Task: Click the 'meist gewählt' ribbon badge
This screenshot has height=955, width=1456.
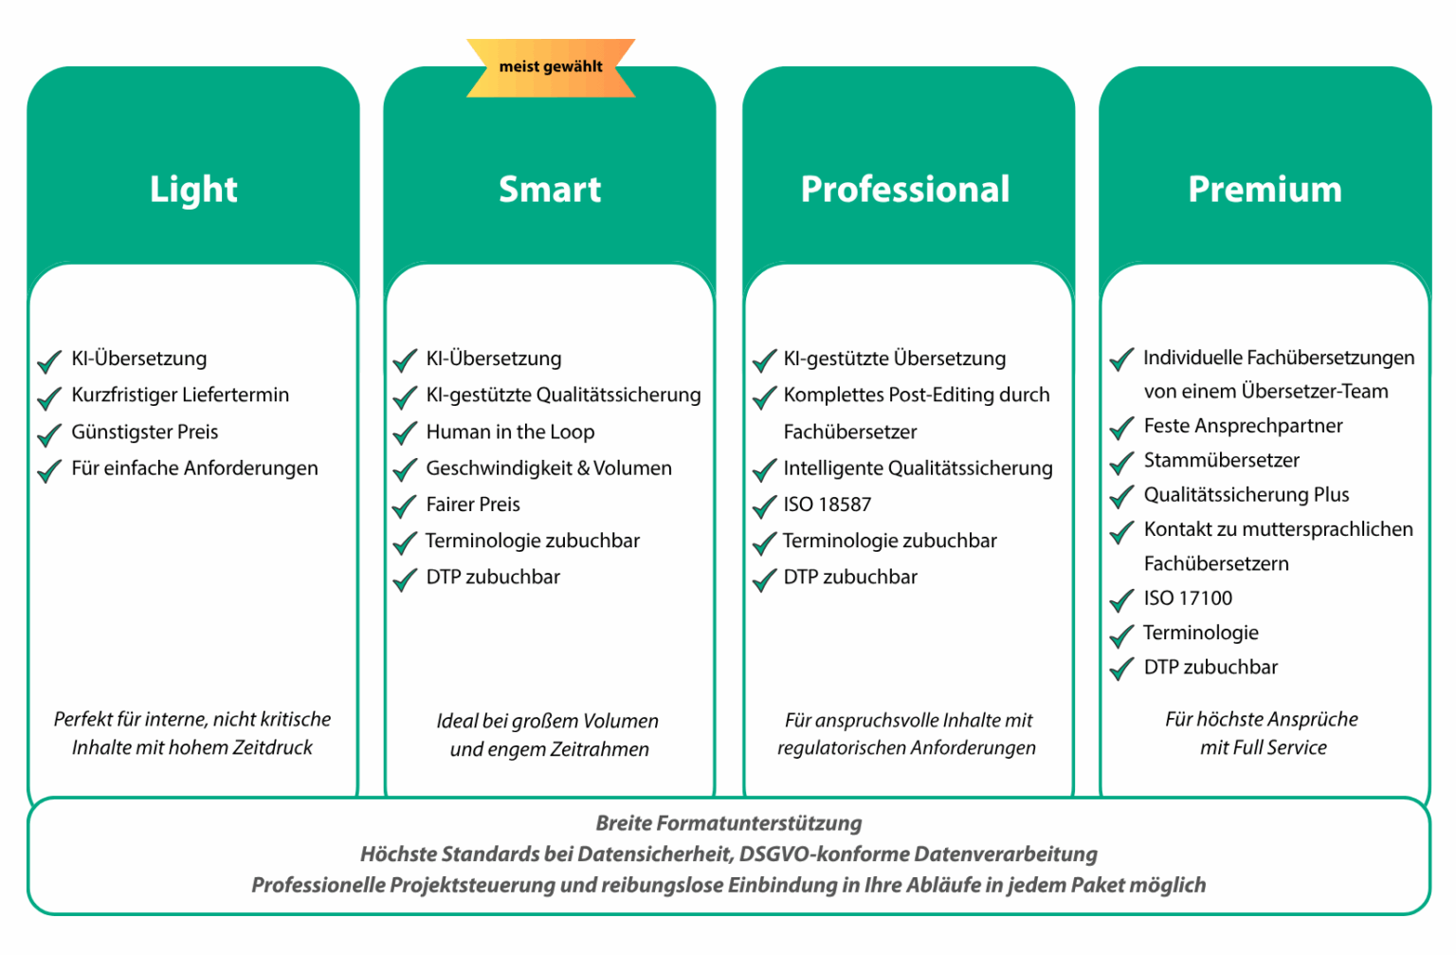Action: click(x=551, y=67)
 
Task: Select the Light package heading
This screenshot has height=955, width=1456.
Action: click(x=193, y=189)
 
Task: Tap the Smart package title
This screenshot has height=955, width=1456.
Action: click(x=550, y=189)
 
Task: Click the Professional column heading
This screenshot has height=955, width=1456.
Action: click(x=905, y=189)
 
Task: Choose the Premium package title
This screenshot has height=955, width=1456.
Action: click(x=1265, y=189)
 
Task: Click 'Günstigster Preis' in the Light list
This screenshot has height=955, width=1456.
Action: click(x=145, y=432)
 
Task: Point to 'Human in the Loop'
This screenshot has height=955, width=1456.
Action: click(x=510, y=432)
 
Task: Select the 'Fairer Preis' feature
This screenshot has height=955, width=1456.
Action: click(x=473, y=505)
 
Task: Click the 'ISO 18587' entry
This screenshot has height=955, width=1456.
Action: click(x=828, y=505)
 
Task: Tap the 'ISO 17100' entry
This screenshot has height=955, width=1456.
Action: click(x=1188, y=598)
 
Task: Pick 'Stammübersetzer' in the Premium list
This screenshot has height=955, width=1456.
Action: click(x=1222, y=460)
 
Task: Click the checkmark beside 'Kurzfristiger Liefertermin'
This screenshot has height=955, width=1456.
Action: click(x=49, y=398)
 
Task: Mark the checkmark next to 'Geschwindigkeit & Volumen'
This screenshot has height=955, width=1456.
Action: click(x=405, y=470)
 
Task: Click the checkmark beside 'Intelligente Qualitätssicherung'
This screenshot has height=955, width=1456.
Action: click(x=764, y=470)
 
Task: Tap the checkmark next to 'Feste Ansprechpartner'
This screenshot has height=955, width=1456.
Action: click(x=1122, y=429)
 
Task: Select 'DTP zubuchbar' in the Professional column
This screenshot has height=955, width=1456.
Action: click(x=850, y=578)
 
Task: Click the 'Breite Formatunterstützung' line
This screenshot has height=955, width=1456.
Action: click(x=729, y=824)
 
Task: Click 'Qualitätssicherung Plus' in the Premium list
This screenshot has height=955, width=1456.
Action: click(x=1247, y=495)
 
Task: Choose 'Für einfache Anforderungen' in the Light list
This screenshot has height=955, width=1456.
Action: click(x=195, y=468)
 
